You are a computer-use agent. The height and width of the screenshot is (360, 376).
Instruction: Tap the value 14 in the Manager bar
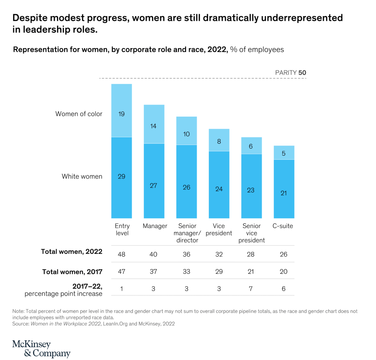tap(153, 126)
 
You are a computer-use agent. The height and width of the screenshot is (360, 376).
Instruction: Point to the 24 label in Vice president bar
tap(219, 189)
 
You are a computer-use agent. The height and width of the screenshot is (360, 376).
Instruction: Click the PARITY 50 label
tap(290, 73)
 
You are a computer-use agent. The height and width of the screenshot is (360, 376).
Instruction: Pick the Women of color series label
tap(79, 114)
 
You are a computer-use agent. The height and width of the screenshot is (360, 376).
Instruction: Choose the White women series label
tap(82, 177)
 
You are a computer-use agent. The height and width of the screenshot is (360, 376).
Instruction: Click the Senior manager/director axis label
tap(187, 233)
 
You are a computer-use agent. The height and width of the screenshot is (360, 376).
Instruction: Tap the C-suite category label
tap(283, 226)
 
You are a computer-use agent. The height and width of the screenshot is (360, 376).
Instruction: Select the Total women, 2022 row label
tap(72, 252)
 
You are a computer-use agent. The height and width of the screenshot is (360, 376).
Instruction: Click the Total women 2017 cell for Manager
tap(153, 272)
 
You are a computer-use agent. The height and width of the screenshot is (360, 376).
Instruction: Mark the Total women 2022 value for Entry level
tap(122, 254)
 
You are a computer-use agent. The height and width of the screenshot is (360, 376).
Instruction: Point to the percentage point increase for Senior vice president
tap(251, 289)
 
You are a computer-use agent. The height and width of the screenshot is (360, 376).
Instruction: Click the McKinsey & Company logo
tap(41, 349)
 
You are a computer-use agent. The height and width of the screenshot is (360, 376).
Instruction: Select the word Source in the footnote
tap(21, 324)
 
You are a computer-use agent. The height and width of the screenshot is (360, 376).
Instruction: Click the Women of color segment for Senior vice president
tap(251, 146)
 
